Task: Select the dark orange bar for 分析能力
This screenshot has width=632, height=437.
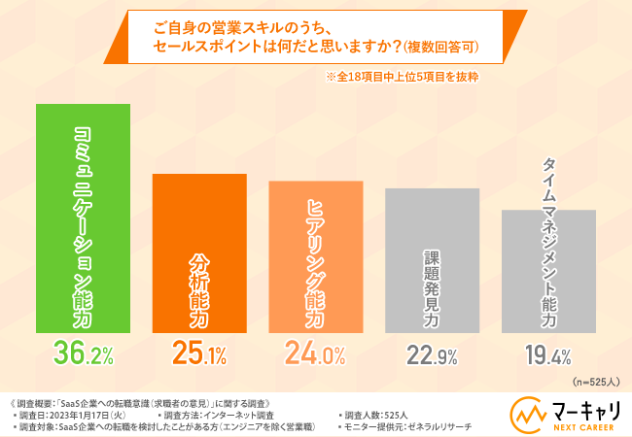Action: tap(200, 252)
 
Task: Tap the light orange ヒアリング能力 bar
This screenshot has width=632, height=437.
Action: tap(315, 256)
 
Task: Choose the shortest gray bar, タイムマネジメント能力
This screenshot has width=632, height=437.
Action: tap(547, 271)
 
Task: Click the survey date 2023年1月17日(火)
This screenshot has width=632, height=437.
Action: tap(77, 414)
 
